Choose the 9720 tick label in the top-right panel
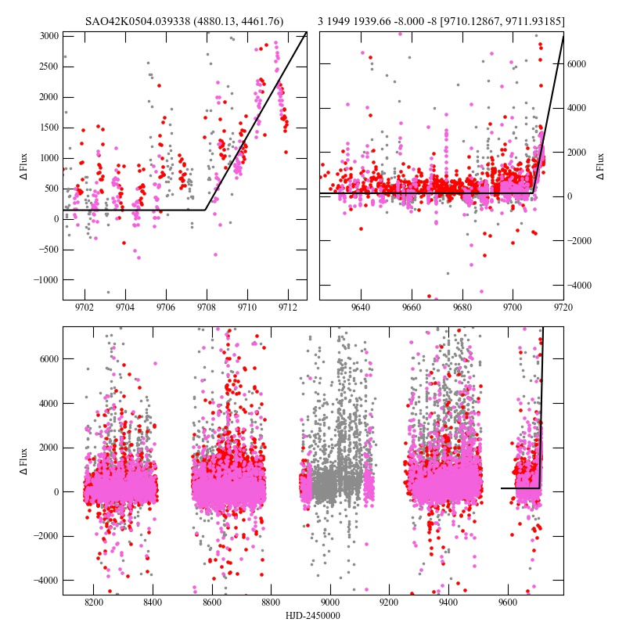coord(563,308)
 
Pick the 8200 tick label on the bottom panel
coord(94,603)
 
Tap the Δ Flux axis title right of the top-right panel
coord(601,165)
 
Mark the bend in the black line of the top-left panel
coord(206,210)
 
